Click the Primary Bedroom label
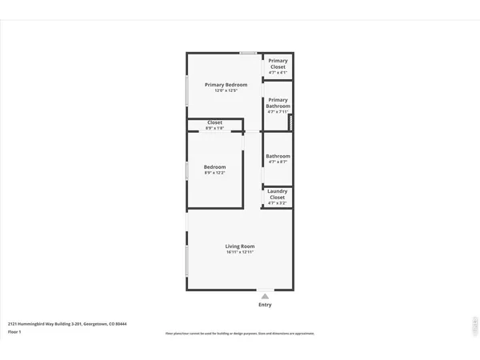[226, 85]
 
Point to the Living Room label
[239, 246]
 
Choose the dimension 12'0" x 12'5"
[226, 91]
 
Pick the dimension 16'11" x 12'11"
[239, 252]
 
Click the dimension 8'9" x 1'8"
[214, 129]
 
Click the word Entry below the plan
[265, 305]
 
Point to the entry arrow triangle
[265, 295]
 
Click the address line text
[67, 324]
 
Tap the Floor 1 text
[14, 331]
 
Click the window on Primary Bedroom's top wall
[249, 54]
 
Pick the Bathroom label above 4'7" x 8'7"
[278, 156]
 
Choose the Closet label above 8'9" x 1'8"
[214, 123]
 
